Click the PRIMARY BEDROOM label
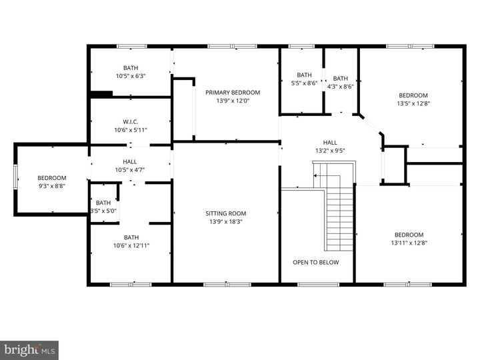(x=232, y=93)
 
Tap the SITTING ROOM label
(x=225, y=213)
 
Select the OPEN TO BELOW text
(x=315, y=262)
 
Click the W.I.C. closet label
(x=130, y=121)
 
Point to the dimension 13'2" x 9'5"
(x=330, y=151)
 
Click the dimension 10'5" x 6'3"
(x=131, y=76)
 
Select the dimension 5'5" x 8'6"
(x=304, y=83)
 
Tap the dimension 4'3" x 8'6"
(x=340, y=86)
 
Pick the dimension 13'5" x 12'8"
(x=413, y=103)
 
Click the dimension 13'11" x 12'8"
(x=409, y=243)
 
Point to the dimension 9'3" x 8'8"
(x=51, y=187)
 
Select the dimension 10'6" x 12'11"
(x=131, y=245)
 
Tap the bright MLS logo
(x=29, y=349)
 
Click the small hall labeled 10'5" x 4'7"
(x=130, y=165)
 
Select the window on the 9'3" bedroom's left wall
(x=17, y=179)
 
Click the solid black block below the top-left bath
(x=101, y=94)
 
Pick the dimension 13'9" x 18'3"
(x=225, y=221)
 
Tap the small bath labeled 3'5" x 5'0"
(x=103, y=207)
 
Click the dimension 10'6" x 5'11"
(x=130, y=129)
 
